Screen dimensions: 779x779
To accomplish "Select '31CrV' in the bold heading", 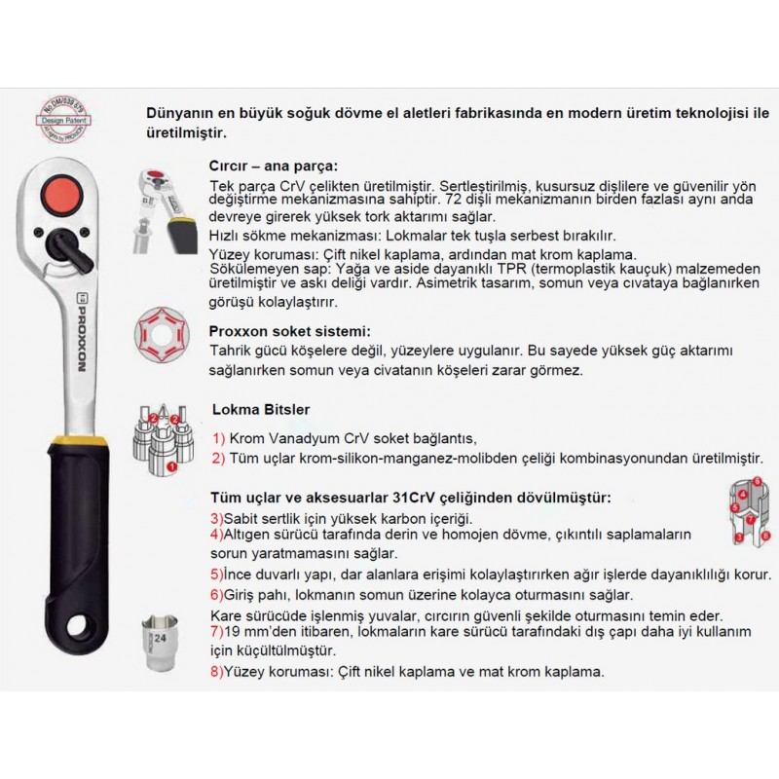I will point(427,497).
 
